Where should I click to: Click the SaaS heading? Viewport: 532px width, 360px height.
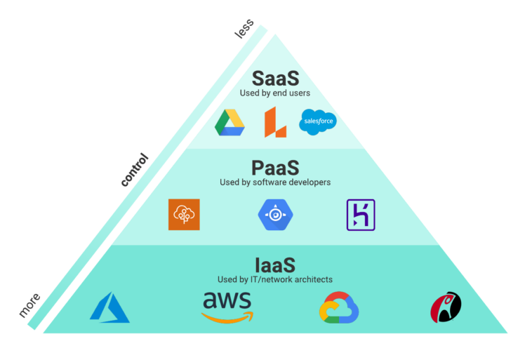pos(275,78)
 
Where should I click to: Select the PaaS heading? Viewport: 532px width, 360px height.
pos(275,168)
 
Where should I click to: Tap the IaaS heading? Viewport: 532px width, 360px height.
pos(275,265)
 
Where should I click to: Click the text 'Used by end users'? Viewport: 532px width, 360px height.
pos(275,93)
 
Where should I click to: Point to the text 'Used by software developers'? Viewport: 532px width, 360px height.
pos(275,182)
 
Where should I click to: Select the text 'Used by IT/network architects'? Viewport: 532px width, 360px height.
pos(275,279)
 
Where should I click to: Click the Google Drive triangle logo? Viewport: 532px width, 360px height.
pos(230,122)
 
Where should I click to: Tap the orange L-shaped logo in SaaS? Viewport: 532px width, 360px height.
pos(274,122)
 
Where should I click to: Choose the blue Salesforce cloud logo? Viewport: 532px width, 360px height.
pos(318,122)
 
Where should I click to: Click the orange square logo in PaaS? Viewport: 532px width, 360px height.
pos(184,215)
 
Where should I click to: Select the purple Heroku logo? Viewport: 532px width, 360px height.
pos(361,215)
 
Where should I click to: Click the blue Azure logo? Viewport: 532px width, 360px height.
pos(109,307)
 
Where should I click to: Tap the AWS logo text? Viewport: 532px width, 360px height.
pos(227,300)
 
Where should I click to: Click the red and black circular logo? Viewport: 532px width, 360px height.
pos(446,307)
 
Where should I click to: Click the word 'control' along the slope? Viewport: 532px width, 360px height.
pos(135,170)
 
